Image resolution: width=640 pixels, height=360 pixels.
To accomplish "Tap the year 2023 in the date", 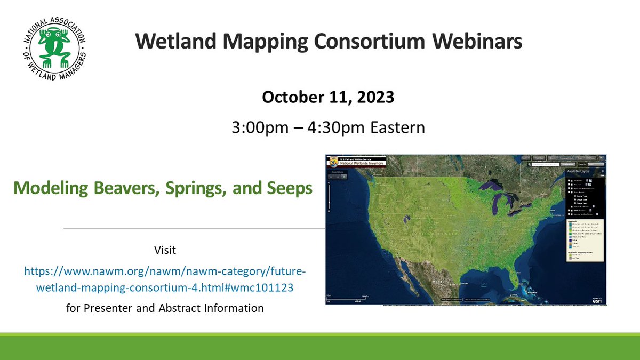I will pyautogui.click(x=374, y=98).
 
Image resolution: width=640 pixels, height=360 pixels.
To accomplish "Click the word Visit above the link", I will pyautogui.click(x=165, y=250).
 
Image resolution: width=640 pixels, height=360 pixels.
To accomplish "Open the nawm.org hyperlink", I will pyautogui.click(x=165, y=279).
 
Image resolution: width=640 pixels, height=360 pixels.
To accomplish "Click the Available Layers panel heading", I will pyautogui.click(x=582, y=172).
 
